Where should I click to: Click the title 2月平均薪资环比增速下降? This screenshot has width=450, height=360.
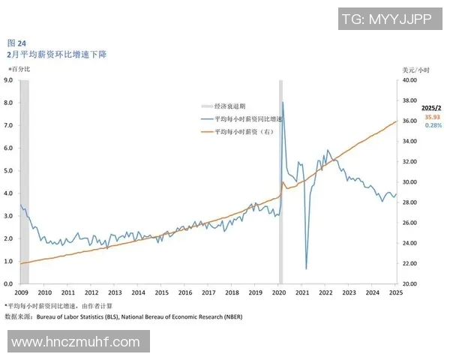[x=56, y=55]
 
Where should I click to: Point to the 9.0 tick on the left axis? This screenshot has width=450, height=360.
[x=9, y=79]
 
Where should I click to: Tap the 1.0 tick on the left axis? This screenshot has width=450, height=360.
[x=9, y=261]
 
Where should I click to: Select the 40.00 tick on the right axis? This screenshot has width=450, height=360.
[x=410, y=79]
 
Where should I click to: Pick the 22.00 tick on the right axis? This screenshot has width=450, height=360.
[x=410, y=264]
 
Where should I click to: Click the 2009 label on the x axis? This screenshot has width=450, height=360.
[x=21, y=292]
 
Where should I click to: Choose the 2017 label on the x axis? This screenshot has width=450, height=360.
[x=208, y=292]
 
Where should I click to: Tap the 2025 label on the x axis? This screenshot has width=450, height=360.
[x=395, y=292]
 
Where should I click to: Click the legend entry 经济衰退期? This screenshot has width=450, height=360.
[x=229, y=106]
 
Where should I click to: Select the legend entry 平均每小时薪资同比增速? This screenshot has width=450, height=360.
[x=247, y=119]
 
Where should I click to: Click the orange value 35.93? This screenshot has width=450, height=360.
[x=433, y=117]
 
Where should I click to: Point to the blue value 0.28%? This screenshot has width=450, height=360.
[x=433, y=125]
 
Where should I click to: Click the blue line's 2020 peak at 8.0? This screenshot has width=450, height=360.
[x=282, y=102]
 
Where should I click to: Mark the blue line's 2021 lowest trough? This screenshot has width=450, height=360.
[x=306, y=268]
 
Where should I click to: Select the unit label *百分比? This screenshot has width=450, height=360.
[x=19, y=69]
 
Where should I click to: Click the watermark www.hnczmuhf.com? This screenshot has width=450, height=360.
[x=76, y=342]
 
